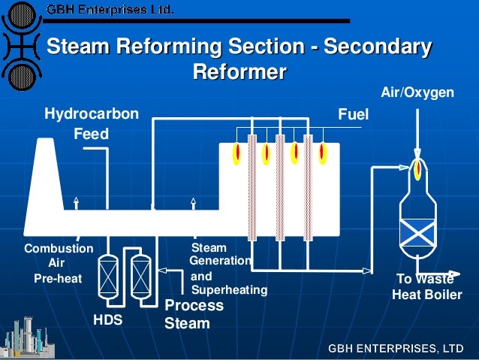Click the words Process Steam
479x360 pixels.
[194, 315]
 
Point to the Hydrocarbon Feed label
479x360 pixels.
[91, 124]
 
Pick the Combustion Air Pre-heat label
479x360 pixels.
[58, 263]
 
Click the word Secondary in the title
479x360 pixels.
[380, 47]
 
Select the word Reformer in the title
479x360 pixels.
[239, 73]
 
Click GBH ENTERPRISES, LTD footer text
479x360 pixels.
[395, 348]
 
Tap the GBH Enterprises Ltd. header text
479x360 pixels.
[110, 10]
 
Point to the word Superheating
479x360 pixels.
[229, 289]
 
